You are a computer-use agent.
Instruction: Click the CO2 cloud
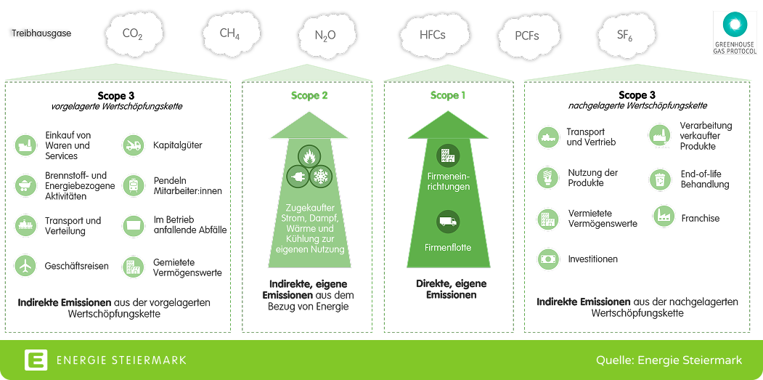(134, 33)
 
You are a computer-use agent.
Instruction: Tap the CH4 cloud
(229, 33)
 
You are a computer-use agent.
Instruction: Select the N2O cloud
(325, 34)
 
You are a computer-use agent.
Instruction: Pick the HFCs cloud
(432, 34)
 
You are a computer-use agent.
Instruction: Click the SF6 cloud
(624, 34)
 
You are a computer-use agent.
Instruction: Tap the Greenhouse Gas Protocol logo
(735, 32)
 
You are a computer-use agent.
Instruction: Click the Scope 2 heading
(309, 95)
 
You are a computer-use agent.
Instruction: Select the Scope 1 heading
(448, 95)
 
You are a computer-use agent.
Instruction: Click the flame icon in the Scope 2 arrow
(309, 155)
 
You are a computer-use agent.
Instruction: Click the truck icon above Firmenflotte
(447, 221)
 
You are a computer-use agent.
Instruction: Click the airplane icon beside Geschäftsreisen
(25, 266)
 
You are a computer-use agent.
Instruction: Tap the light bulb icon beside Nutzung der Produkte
(547, 177)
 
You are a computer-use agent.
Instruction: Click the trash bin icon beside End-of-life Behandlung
(659, 178)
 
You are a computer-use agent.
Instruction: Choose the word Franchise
(700, 218)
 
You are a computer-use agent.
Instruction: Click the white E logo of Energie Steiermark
(36, 360)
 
